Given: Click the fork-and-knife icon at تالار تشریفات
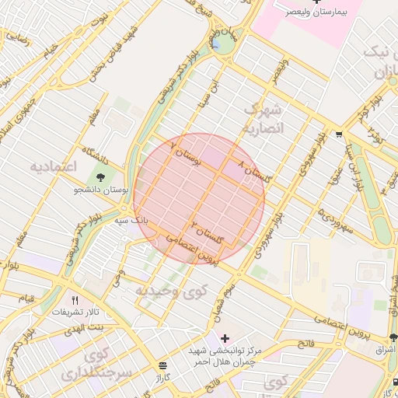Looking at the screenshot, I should pos(75,300).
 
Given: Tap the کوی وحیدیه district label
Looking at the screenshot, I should pos(173,291).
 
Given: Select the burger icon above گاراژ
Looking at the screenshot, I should pos(162,365).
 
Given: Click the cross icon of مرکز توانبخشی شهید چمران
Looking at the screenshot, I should pos(225,339).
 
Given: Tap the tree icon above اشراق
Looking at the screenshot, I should pos(393,338).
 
